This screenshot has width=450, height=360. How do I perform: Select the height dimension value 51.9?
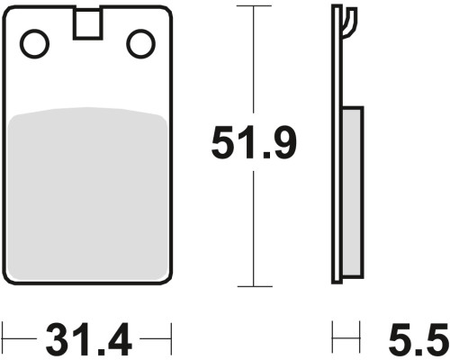coord(254,142)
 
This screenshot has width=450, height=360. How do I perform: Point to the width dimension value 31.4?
coord(89,339)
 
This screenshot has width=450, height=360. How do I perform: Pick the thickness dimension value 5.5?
coord(419,339)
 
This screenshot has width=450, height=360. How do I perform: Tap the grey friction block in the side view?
coord(352,192)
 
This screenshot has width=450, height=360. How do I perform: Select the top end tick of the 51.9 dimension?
coord(254,5)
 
